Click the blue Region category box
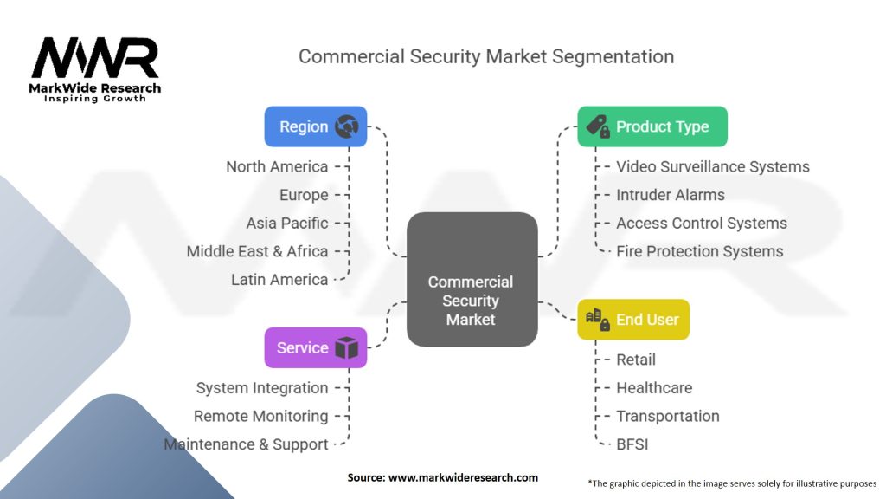click(x=315, y=126)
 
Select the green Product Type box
click(x=652, y=126)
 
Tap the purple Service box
click(x=315, y=347)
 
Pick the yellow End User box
click(x=633, y=319)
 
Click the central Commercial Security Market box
click(x=472, y=279)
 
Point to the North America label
click(x=277, y=166)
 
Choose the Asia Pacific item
click(x=287, y=223)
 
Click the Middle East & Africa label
click(x=257, y=251)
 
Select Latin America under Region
click(x=279, y=280)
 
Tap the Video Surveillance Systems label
click(x=713, y=166)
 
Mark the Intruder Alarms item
click(x=671, y=195)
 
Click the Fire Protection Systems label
click(x=699, y=251)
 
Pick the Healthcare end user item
click(x=654, y=387)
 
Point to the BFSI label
click(x=632, y=444)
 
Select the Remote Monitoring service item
click(x=260, y=416)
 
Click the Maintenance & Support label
click(x=247, y=444)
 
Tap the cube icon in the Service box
click(x=346, y=348)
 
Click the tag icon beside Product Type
click(x=597, y=126)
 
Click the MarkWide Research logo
click(x=95, y=69)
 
